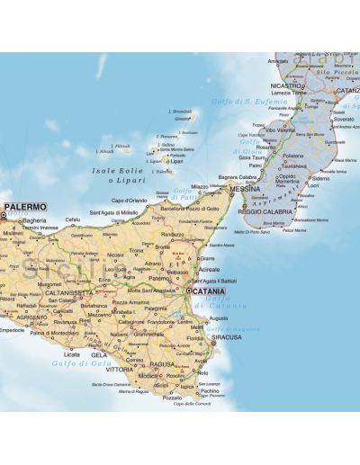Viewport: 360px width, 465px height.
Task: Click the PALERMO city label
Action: coord(25,207)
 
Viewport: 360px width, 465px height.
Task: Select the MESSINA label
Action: coord(245,191)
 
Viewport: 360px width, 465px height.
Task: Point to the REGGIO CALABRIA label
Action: coord(265,211)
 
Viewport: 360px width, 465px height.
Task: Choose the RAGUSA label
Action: coord(161,364)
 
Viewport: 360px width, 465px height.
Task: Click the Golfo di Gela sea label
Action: coord(62,361)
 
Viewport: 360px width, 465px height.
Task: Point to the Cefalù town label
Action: coord(72,219)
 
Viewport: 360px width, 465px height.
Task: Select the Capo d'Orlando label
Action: coord(129,200)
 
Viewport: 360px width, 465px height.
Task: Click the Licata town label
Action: coord(71,354)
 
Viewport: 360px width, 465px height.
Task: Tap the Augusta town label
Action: coord(218,318)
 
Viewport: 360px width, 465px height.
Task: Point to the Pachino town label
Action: coord(209,390)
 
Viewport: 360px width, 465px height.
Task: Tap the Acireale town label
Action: coord(209,269)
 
